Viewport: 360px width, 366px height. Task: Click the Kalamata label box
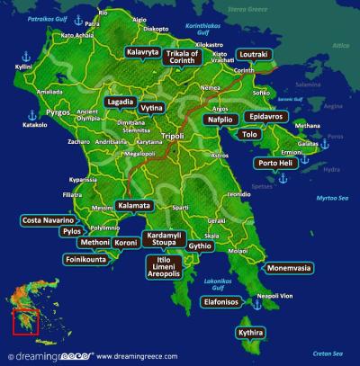(x=134, y=206)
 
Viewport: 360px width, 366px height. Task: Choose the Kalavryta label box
(x=142, y=53)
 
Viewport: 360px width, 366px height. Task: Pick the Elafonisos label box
(x=220, y=302)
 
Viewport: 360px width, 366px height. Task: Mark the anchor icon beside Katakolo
(x=32, y=115)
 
